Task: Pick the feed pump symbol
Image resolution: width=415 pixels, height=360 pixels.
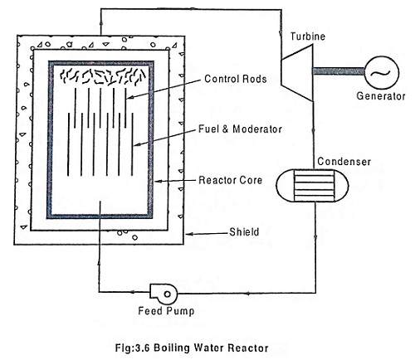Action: pyautogui.click(x=159, y=293)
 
